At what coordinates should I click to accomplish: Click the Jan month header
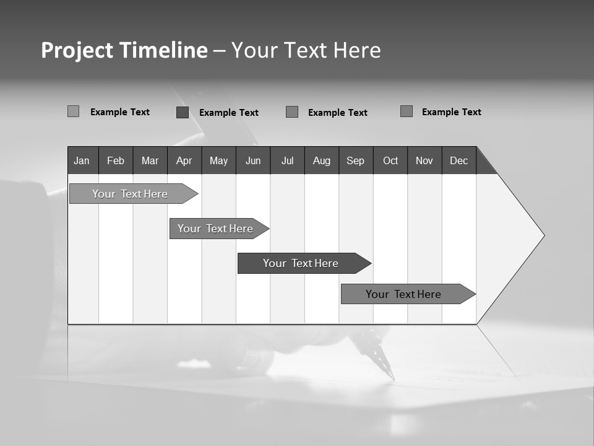82,160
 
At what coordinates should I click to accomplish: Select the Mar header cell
150,160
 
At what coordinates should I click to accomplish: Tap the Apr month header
184,160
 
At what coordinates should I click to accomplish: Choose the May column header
218,160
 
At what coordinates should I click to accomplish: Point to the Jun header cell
253,160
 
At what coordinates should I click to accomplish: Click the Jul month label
287,160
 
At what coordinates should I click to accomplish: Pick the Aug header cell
322,160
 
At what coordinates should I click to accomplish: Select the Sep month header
356,160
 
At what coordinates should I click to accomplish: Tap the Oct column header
390,160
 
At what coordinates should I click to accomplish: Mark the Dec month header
459,160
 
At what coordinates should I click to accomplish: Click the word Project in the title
76,50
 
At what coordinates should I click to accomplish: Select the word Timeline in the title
163,50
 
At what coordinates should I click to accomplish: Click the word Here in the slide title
357,50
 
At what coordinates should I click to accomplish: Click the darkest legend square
183,112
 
